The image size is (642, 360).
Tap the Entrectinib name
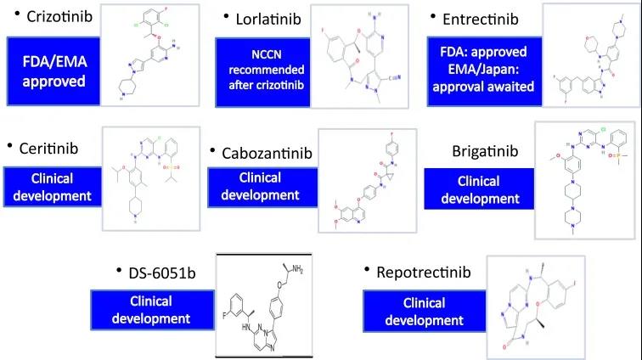481,18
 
